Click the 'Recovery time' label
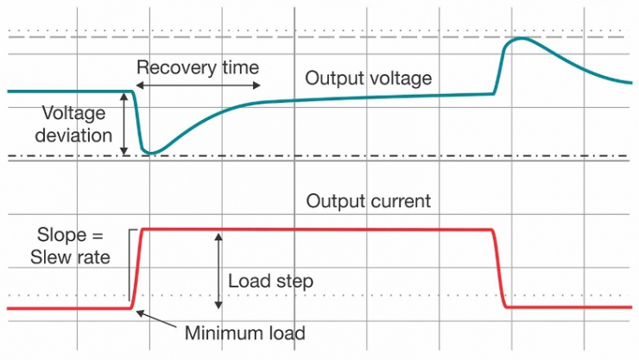pyautogui.click(x=198, y=67)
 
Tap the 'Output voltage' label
pyautogui.click(x=368, y=79)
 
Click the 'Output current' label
pyautogui.click(x=368, y=202)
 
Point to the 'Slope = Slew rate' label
pyautogui.click(x=74, y=245)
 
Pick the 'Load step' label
pyautogui.click(x=270, y=281)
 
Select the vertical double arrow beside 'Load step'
pyautogui.click(x=218, y=269)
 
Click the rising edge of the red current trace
pyautogui.click(x=138, y=268)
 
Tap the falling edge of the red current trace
pyautogui.click(x=499, y=268)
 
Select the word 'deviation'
pyautogui.click(x=76, y=135)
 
